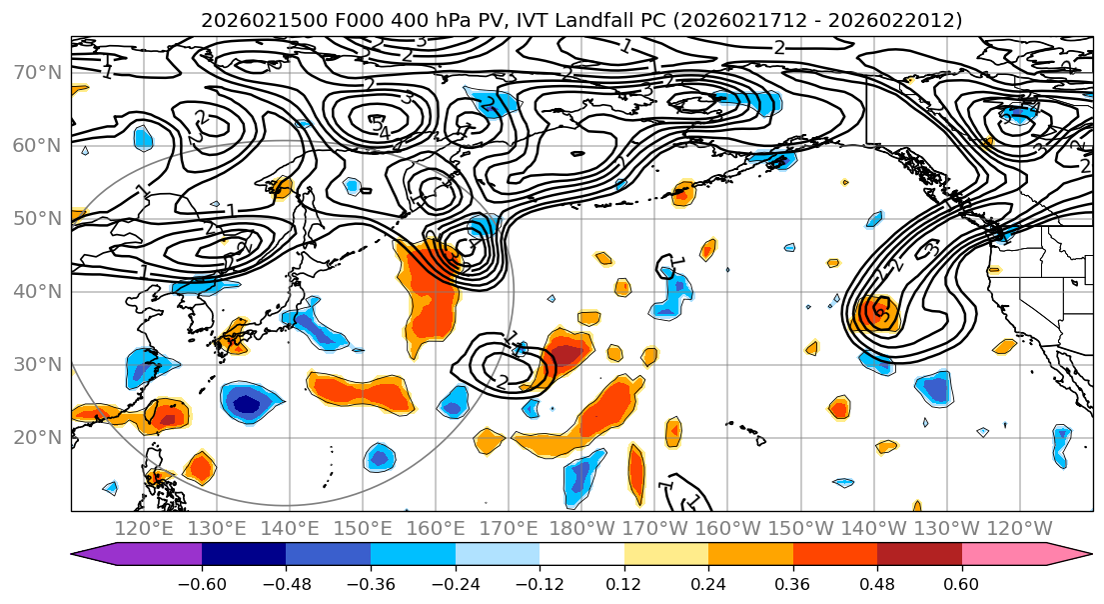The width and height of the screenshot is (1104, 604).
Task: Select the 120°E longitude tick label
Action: tap(145, 528)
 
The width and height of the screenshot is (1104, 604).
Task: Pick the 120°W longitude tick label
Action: tap(1020, 528)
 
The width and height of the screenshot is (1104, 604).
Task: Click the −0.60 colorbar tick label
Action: tap(201, 583)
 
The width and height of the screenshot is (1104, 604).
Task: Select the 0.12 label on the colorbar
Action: tap(623, 583)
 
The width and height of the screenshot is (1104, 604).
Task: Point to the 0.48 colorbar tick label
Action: tap(877, 583)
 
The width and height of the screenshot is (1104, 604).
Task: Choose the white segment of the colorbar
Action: tap(581, 555)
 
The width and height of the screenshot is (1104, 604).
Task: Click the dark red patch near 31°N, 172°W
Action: tap(566, 354)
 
